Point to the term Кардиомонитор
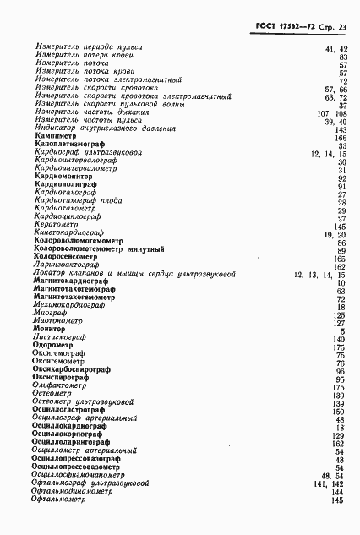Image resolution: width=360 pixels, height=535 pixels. click(63, 178)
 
